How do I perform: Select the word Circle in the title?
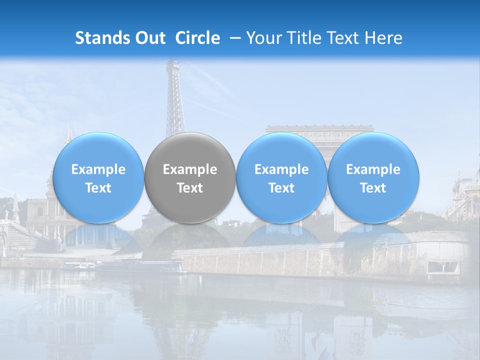pos(197,38)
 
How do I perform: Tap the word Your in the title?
pos(264,38)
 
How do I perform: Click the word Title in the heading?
pos(302,38)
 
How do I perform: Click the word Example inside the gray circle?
pos(190,169)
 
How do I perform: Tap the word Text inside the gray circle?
pos(190,188)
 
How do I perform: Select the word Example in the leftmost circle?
pos(98,169)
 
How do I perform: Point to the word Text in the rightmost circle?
pos(373,188)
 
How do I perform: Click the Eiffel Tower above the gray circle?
pos(174,100)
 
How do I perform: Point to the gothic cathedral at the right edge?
pos(465,195)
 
